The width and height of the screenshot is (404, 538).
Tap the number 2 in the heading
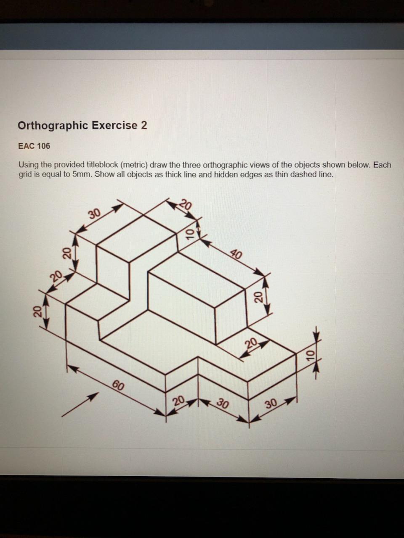pyautogui.click(x=144, y=125)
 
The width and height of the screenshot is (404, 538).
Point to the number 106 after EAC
pyautogui.click(x=43, y=146)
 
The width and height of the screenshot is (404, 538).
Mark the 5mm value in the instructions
pyautogui.click(x=82, y=174)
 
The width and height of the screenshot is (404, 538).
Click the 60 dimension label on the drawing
pyautogui.click(x=118, y=385)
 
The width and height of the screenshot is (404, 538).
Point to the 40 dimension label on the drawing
pyautogui.click(x=237, y=254)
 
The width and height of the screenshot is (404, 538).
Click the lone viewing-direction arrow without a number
pyautogui.click(x=80, y=405)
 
